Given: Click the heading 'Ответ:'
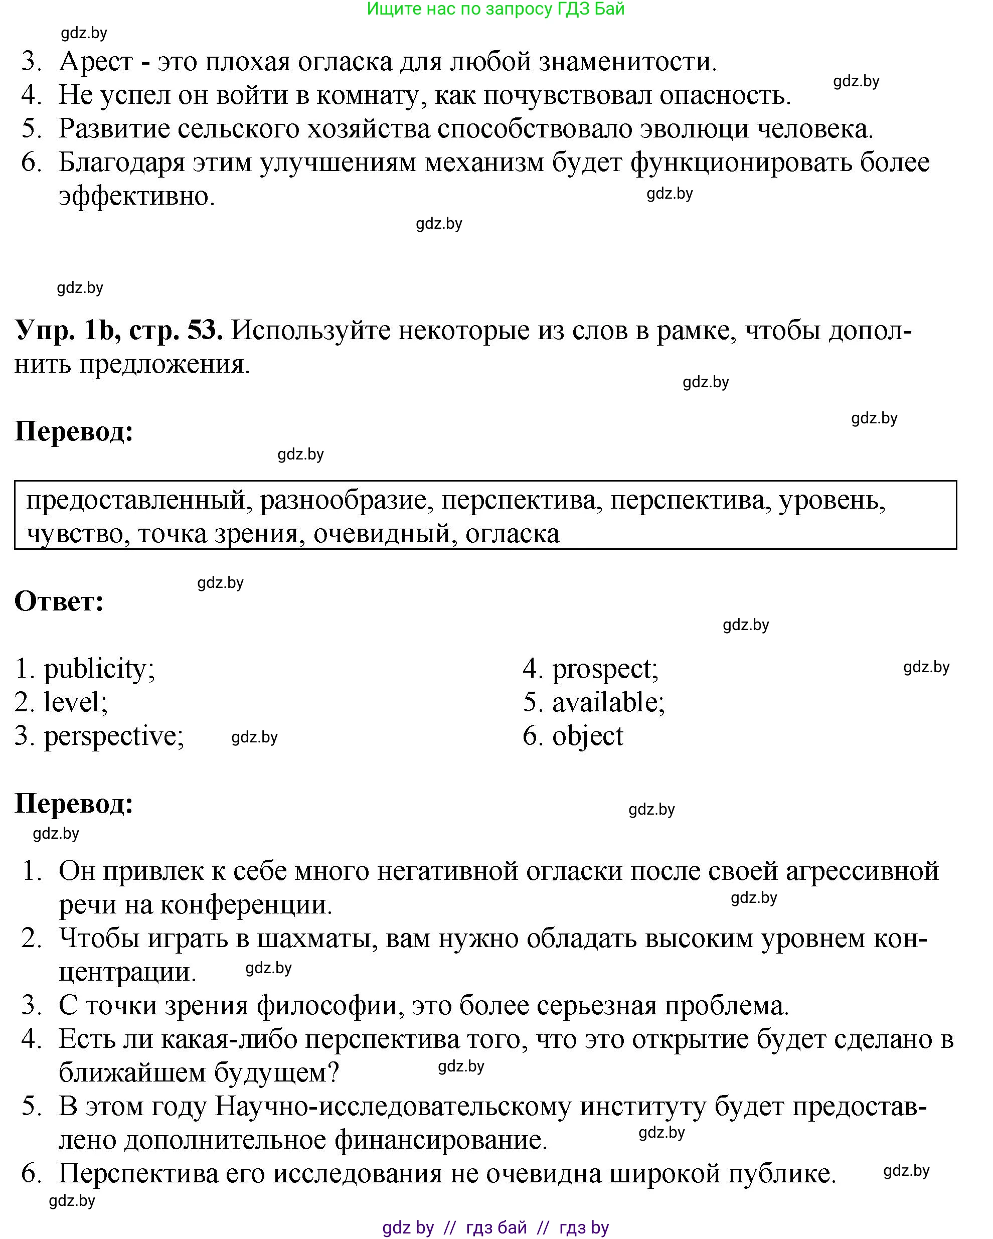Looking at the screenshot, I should click(x=59, y=601).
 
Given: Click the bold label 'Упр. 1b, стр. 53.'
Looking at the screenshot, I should click(x=119, y=331).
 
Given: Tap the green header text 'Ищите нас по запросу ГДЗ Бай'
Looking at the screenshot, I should click(x=495, y=9).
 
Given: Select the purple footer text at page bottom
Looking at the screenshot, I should click(x=495, y=1227).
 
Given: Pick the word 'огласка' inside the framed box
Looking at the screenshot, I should click(x=512, y=534).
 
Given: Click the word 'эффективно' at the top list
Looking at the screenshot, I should click(x=136, y=197).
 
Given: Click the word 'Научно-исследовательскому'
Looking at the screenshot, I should click(x=393, y=1106).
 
